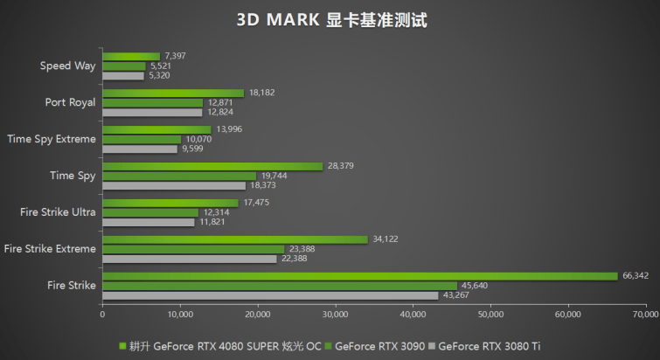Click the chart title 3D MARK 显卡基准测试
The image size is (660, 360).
click(x=330, y=19)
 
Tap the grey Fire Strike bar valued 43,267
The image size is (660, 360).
click(x=270, y=295)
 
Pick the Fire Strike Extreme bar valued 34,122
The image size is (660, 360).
click(x=235, y=239)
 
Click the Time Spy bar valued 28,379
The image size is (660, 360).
click(x=212, y=166)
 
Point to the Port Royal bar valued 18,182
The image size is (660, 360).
click(x=173, y=93)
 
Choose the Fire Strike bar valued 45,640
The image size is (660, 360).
click(x=280, y=286)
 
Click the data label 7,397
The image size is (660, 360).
click(x=175, y=56)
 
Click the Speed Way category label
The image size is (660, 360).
click(x=68, y=66)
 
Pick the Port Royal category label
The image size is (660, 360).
click(x=70, y=102)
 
